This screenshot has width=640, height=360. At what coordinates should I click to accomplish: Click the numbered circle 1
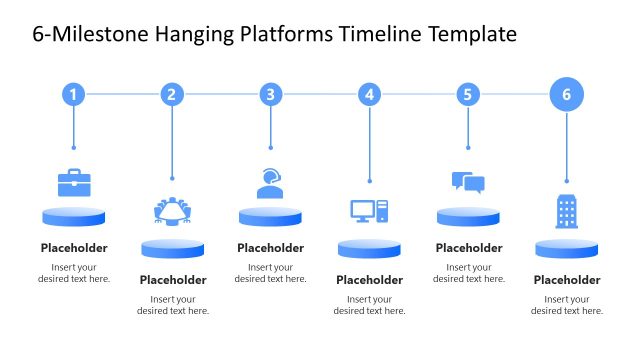point(73,95)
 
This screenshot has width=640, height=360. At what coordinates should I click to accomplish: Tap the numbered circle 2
point(172,95)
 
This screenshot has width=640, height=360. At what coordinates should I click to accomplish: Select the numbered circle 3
point(270,95)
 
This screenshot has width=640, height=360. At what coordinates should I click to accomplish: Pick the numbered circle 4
point(370,95)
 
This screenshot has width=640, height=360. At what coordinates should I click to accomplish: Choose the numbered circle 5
point(468,95)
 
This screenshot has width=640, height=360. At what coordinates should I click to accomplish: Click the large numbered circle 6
point(567,95)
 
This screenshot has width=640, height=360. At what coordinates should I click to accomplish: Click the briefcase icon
point(74,183)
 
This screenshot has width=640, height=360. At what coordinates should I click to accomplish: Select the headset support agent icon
point(270,183)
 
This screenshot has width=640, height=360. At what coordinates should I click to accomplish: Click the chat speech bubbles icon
point(468,182)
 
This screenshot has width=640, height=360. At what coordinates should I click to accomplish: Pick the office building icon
point(567,212)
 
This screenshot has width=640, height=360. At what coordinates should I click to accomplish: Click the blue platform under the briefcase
point(74,217)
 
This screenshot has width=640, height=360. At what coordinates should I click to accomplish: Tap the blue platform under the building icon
point(567,248)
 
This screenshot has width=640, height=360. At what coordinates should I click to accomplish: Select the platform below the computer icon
point(369,248)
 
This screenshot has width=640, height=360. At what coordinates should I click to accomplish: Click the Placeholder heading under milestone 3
point(270,248)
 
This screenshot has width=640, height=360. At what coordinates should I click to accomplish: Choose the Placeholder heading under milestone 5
point(468,248)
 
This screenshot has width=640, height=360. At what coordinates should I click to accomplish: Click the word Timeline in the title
point(374,34)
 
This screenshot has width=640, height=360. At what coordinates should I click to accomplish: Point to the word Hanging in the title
point(195,34)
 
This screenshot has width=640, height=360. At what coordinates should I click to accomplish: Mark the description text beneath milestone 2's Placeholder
point(173,305)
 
